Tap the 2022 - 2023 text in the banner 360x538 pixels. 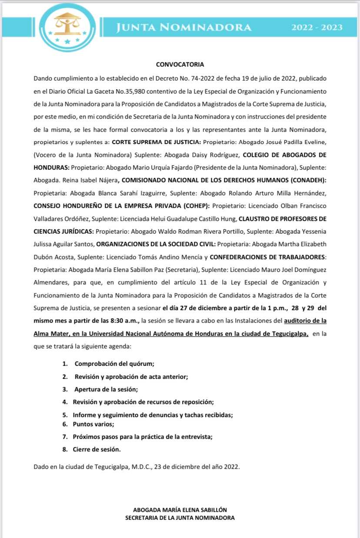click(317, 27)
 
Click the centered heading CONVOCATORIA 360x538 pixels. click(180, 64)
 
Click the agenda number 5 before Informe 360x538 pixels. click(65, 415)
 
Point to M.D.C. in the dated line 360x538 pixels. click(144, 467)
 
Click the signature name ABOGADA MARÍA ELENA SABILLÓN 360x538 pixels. click(180, 510)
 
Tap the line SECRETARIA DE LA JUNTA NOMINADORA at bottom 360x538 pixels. click(180, 518)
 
